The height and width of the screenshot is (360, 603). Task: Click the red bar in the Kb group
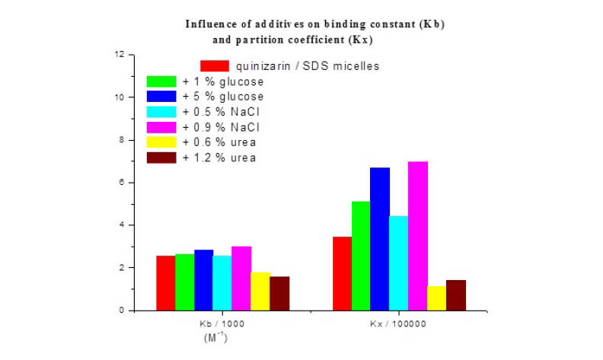click(165, 283)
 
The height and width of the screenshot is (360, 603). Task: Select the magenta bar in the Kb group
click(241, 279)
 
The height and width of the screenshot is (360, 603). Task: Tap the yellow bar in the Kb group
click(260, 292)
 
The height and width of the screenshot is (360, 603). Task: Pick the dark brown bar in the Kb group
click(279, 293)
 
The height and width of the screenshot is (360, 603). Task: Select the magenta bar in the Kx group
click(418, 236)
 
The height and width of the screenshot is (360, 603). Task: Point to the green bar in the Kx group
click(361, 256)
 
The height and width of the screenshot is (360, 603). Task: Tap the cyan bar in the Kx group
click(399, 263)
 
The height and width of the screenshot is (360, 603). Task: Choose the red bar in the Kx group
click(342, 273)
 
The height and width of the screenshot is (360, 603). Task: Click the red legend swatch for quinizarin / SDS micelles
click(215, 66)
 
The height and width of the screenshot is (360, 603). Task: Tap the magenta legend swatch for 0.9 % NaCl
click(161, 127)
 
